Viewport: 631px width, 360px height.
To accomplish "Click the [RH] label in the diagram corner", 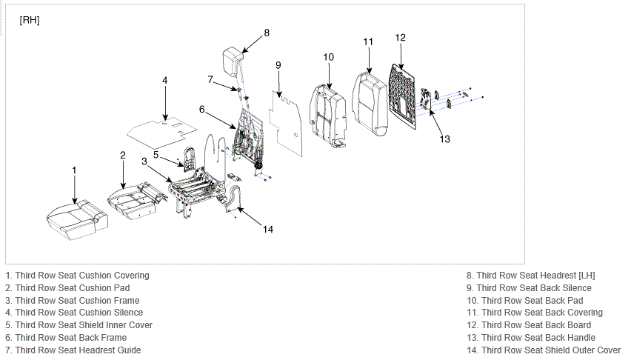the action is pos(30,20).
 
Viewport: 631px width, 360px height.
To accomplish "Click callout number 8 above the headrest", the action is pos(267,33).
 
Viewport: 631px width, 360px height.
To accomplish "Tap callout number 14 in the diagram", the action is pos(268,230).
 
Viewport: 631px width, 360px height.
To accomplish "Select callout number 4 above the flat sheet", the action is pos(165,81).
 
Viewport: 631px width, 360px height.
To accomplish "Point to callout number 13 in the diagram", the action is pos(444,139).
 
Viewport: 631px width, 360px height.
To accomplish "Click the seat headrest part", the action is pos(233,61).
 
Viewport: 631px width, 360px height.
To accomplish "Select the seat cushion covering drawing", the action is pos(77,220).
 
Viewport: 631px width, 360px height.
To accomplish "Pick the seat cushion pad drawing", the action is pos(137,201).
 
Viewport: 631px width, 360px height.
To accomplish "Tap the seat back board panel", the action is pos(402,96).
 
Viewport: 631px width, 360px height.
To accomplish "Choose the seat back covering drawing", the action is pos(370,104).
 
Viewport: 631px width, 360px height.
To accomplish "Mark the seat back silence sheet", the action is pos(286,123).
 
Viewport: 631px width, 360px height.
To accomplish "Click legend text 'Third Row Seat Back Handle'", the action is pos(538,338).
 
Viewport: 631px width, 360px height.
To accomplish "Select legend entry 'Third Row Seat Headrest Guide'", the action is pos(78,350).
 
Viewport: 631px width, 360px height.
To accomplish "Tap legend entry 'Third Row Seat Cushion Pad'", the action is pos(73,288).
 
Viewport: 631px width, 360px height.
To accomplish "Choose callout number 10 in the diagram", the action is pos(328,57).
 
